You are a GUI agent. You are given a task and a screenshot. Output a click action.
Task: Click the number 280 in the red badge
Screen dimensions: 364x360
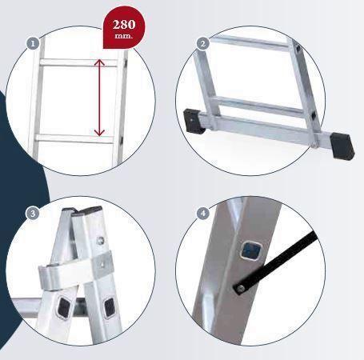(x=124, y=25)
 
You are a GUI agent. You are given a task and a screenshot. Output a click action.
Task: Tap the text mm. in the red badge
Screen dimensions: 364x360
(x=123, y=36)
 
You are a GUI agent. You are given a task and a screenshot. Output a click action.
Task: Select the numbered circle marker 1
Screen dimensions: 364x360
(x=33, y=44)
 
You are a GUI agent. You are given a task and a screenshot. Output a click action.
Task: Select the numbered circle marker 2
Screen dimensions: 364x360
(x=202, y=43)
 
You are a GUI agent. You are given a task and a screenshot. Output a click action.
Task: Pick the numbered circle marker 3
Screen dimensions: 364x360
(x=33, y=214)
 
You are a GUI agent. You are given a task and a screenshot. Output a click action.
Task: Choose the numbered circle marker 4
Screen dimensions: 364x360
(x=203, y=214)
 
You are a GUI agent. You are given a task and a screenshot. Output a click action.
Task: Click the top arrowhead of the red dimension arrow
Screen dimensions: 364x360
(x=99, y=62)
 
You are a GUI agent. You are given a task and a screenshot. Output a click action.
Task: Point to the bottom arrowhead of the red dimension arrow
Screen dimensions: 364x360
(x=99, y=132)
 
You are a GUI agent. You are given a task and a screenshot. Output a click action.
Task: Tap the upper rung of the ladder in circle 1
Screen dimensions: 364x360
(x=78, y=62)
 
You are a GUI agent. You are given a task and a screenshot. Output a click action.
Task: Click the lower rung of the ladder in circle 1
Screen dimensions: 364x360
(x=74, y=139)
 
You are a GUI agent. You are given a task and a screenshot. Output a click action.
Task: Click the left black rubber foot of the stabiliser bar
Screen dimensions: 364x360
(x=193, y=121)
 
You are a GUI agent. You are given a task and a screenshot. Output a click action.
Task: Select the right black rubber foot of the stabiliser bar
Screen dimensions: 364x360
(x=342, y=146)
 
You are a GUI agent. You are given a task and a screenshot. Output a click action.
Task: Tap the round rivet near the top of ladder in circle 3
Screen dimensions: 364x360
(x=101, y=240)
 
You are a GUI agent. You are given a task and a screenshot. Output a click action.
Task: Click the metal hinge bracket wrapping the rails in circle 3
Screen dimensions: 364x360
(x=75, y=270)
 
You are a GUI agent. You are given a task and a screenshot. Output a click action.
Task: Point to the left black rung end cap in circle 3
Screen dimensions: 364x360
(x=64, y=307)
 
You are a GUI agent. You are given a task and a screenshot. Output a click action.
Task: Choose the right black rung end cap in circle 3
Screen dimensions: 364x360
(x=110, y=307)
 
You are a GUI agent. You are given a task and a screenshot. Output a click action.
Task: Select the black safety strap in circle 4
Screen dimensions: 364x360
(x=276, y=262)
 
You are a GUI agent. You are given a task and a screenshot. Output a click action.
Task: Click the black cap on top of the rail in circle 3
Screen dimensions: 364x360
(x=90, y=210)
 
